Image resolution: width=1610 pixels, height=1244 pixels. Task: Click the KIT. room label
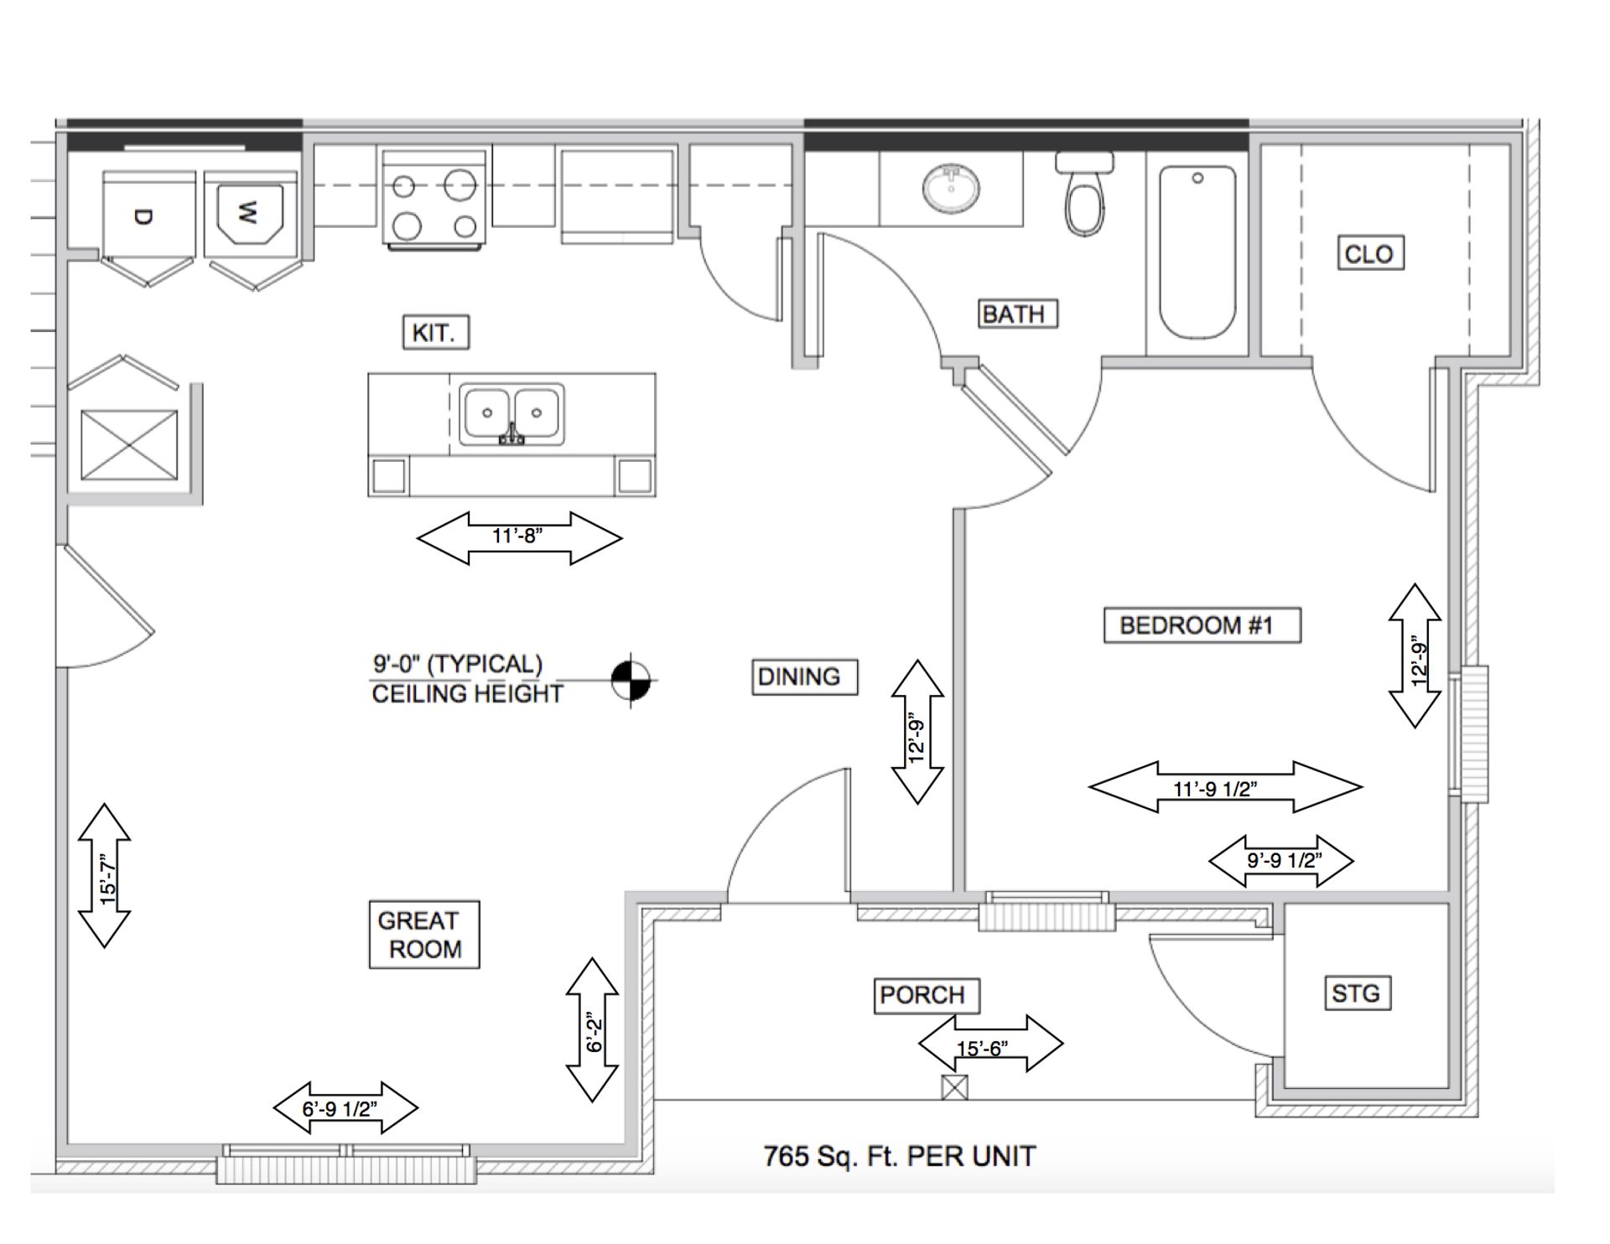(435, 332)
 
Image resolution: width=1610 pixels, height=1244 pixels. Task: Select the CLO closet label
(1369, 253)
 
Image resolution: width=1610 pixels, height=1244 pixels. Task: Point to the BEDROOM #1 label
(1202, 625)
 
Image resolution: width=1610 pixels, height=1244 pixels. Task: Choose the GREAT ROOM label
(424, 935)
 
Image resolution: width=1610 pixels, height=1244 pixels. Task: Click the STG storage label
(1356, 993)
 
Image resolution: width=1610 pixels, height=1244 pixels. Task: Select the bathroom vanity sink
(952, 189)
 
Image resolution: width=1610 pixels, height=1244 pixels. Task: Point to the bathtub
(1197, 251)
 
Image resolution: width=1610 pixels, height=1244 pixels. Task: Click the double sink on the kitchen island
(512, 412)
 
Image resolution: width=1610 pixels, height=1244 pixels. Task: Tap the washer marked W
(251, 215)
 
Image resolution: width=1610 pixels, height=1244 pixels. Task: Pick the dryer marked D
(148, 215)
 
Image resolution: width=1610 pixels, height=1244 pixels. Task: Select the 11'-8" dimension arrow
(519, 536)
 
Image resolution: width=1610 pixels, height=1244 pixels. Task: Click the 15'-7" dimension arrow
(105, 875)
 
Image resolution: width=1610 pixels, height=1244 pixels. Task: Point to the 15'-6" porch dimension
(990, 1044)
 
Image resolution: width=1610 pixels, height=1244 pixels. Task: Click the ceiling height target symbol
(631, 680)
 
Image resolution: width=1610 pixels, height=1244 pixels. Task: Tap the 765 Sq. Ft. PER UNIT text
(899, 1157)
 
